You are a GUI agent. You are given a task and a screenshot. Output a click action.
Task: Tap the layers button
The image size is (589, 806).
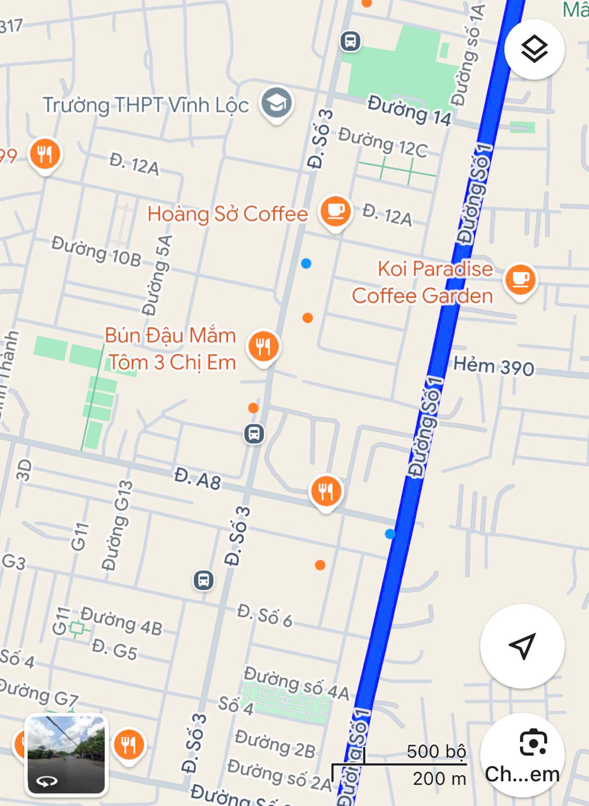point(534,50)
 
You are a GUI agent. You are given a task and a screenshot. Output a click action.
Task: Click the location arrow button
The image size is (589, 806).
point(522,646)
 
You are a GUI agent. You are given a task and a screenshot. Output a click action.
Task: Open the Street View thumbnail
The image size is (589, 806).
point(66,755)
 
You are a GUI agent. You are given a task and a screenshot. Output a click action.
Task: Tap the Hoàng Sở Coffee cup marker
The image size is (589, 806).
point(335,211)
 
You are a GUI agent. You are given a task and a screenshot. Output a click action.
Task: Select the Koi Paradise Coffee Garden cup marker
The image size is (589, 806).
point(520,279)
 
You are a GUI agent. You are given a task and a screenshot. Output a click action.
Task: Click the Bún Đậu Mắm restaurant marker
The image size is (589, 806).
point(263,346)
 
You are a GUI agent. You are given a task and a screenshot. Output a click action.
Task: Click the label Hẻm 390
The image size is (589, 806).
point(494,367)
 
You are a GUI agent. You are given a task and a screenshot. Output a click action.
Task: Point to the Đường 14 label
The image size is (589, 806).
point(409,111)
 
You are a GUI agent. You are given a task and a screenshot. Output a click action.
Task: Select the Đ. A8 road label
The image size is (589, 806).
point(197,478)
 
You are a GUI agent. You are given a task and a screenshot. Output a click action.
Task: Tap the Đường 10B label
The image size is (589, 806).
point(96,251)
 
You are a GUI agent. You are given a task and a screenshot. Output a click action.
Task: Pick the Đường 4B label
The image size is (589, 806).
point(121,621)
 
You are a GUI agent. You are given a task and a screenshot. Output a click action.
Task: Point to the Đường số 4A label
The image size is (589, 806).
point(296,683)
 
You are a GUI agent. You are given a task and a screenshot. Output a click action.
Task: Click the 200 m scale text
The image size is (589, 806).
point(439,778)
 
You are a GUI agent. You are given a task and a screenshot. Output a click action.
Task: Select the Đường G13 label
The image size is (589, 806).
point(117,526)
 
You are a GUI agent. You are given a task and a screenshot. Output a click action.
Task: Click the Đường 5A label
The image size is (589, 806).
point(157,275)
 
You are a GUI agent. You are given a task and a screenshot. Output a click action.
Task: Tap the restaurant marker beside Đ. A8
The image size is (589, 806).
point(325,491)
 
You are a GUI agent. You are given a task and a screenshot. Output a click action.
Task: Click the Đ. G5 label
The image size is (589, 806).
point(114,649)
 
